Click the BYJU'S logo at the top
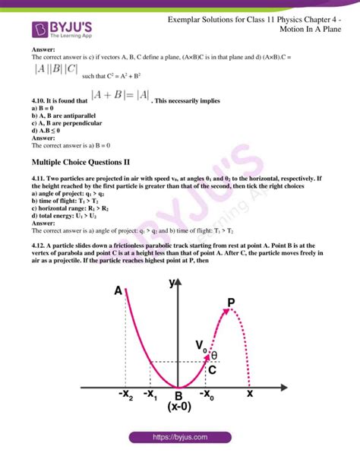pos(64,30)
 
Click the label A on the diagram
pos(118,291)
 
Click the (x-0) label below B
pos(179,407)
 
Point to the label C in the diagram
pos(213,370)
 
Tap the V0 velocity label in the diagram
pos(201,347)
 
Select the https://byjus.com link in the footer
pos(180,438)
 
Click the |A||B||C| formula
pos(55,69)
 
